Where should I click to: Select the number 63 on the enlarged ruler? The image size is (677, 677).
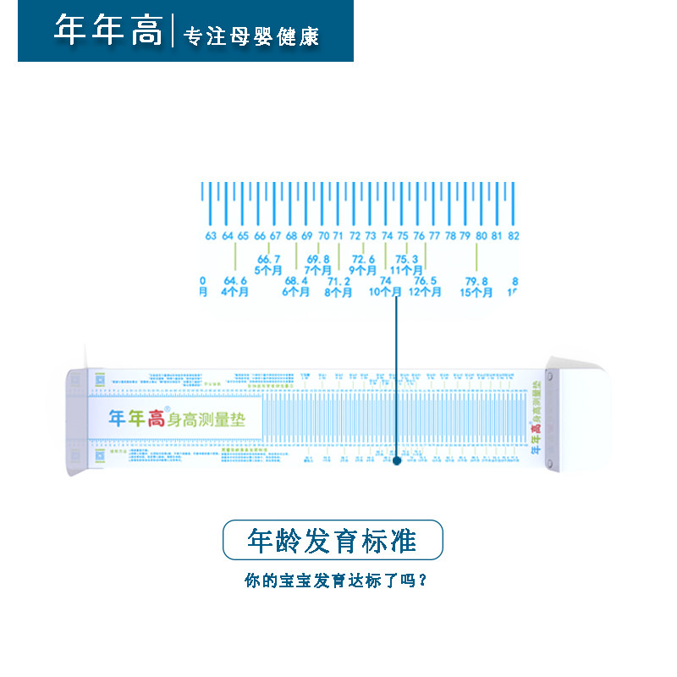[x=211, y=236]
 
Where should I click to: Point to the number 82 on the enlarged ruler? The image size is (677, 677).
[x=513, y=236]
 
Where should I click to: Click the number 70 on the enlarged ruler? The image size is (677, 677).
[x=323, y=236]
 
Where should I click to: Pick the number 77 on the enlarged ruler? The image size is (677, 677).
[x=434, y=236]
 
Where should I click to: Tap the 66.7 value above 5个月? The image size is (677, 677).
[x=268, y=259]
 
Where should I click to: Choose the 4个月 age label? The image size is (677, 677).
[x=234, y=292]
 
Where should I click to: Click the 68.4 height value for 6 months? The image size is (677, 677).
[x=296, y=281]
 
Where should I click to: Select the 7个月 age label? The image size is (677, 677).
[x=318, y=270]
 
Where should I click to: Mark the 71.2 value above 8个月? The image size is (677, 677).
[x=338, y=281]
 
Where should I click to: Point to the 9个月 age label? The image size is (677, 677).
[x=363, y=270]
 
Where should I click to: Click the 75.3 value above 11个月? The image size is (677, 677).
[x=406, y=259]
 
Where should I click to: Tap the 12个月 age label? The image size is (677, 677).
[x=425, y=292]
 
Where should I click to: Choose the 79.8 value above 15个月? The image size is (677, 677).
[x=476, y=281]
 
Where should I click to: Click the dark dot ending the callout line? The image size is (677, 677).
[x=396, y=461]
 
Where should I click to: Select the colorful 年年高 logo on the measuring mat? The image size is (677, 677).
[x=136, y=417]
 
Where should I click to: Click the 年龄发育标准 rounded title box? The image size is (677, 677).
[x=333, y=540]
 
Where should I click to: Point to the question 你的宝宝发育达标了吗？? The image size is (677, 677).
[x=334, y=581]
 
